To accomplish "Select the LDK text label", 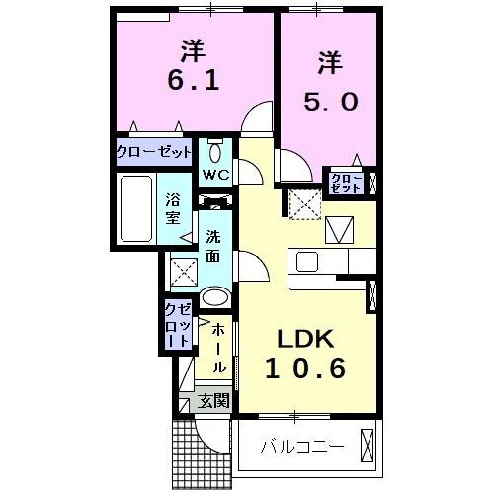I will pyautogui.click(x=305, y=340).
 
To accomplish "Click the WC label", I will pyautogui.click(x=215, y=175).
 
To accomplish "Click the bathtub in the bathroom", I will pyautogui.click(x=135, y=208).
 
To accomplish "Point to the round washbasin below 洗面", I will pyautogui.click(x=214, y=297).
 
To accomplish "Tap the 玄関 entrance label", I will pyautogui.click(x=212, y=400).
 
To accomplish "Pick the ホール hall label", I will pyautogui.click(x=218, y=346).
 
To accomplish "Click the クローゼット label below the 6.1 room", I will pyautogui.click(x=153, y=152).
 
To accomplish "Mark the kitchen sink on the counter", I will pyautogui.click(x=306, y=262).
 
